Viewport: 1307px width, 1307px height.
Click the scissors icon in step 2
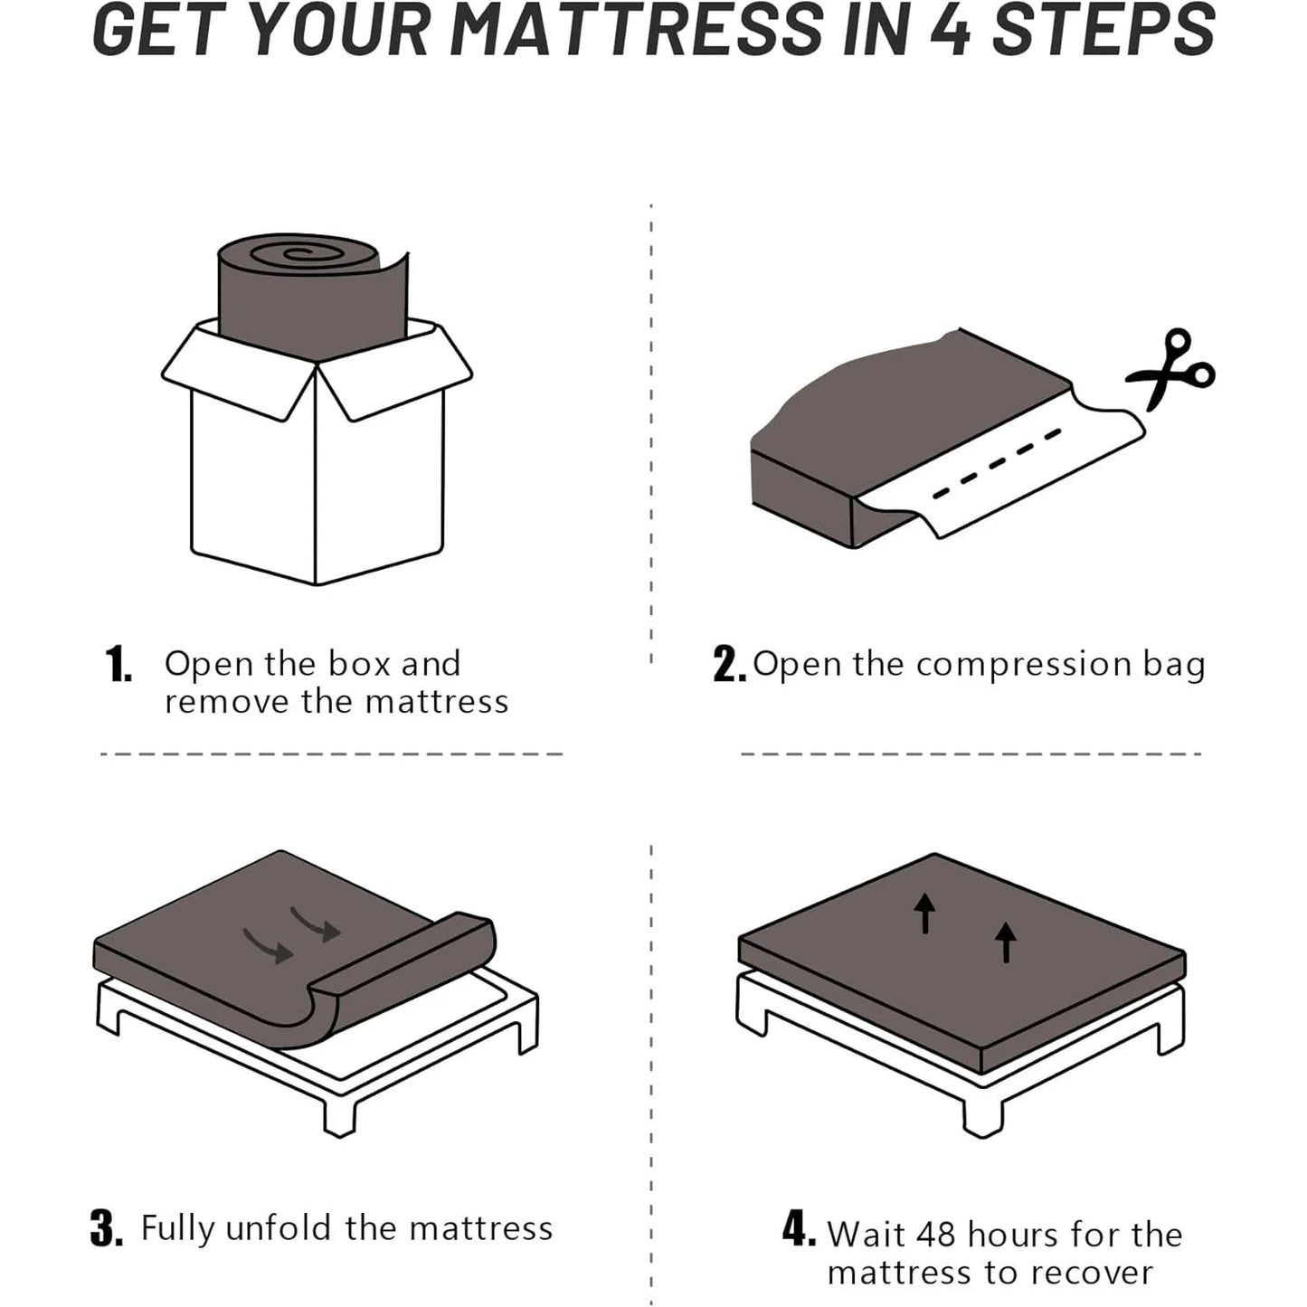(x=1171, y=369)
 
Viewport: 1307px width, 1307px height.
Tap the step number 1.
(x=118, y=665)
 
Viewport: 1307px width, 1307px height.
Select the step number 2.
(x=728, y=665)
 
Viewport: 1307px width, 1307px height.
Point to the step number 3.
(x=106, y=1228)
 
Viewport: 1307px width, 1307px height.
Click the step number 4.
(x=799, y=1231)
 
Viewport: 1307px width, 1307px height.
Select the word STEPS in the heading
(x=1104, y=33)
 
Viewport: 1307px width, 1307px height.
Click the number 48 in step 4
(x=935, y=1235)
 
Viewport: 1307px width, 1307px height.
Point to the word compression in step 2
(x=1024, y=666)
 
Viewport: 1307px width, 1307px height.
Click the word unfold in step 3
(x=279, y=1228)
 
